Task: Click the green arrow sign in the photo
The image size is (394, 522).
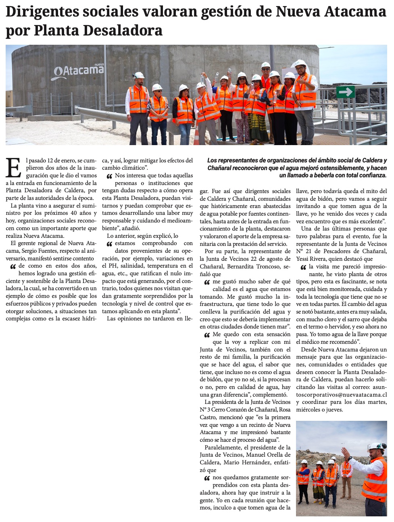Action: click(x=345, y=92)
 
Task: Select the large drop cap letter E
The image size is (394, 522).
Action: click(x=13, y=168)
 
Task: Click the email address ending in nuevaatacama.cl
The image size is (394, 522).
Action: click(x=341, y=395)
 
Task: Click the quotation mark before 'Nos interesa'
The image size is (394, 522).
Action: click(x=109, y=177)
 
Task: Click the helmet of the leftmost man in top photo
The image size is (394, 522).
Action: click(x=139, y=75)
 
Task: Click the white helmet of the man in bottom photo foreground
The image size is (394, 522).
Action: click(x=377, y=446)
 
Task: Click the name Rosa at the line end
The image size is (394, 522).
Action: click(x=285, y=410)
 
